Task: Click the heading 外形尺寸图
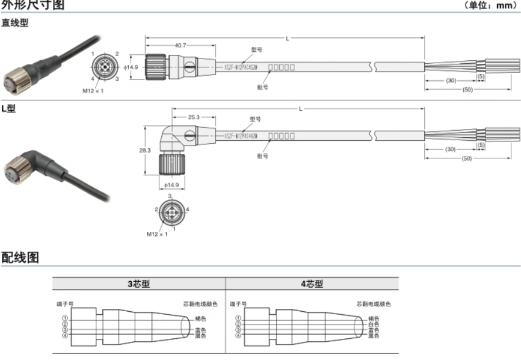(x=32, y=5)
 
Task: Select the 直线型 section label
(x=15, y=23)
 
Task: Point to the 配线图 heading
(x=20, y=258)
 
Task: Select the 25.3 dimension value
(x=194, y=117)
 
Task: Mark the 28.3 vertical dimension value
(x=145, y=151)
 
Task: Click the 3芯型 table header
(x=139, y=284)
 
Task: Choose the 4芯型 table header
(x=312, y=284)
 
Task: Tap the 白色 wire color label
(x=374, y=324)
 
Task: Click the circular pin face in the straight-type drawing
(x=104, y=67)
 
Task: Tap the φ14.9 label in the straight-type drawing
(x=131, y=67)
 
